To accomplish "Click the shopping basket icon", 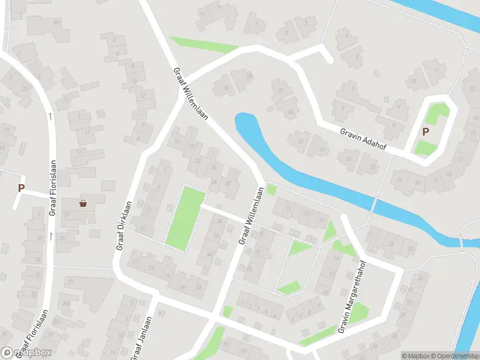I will click(x=83, y=203).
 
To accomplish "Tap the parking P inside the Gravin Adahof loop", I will click(x=426, y=132).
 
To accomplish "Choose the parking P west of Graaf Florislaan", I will click(x=21, y=188).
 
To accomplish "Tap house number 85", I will click(x=57, y=23).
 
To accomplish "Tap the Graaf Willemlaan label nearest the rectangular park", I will click(x=251, y=215).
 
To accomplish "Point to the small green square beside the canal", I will click(x=272, y=190).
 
